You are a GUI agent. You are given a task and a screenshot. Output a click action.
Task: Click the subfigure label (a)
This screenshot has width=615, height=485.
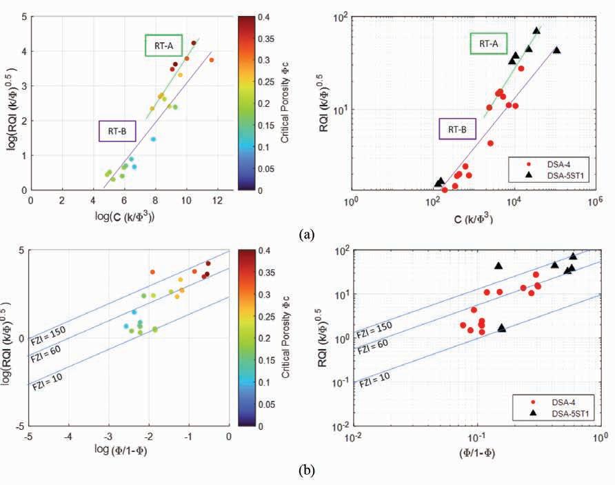tap(307, 235)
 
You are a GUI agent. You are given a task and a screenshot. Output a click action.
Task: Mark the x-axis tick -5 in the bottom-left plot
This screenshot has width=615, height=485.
tap(29, 436)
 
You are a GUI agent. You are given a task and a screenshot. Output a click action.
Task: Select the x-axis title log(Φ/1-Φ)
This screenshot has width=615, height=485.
tap(129, 451)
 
